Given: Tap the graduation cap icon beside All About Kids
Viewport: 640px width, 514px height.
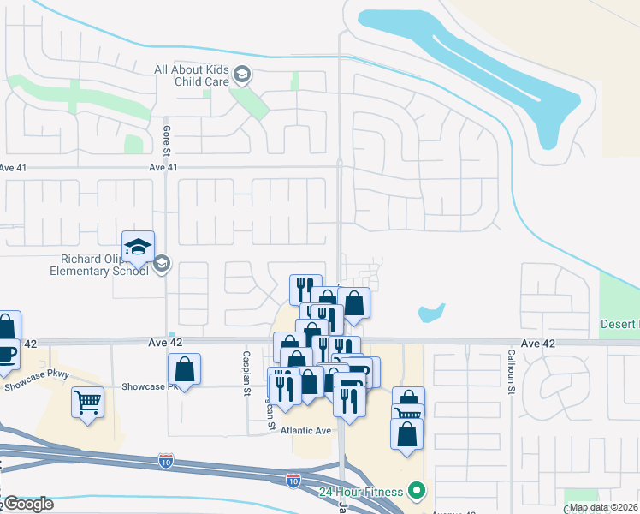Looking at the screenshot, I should (x=242, y=75).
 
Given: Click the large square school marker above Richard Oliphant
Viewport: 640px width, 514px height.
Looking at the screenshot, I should (x=138, y=248).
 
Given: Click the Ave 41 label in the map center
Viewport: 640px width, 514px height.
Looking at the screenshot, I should (x=163, y=168).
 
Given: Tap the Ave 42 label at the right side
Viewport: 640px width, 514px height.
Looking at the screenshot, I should (x=537, y=343).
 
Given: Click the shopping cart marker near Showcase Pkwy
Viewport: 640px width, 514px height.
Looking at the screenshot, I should (x=88, y=402).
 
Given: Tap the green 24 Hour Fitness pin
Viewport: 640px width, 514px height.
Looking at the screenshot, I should (x=417, y=491).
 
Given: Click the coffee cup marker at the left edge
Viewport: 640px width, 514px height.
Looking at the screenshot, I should (x=7, y=353).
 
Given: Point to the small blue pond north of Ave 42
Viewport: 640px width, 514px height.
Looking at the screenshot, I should (x=431, y=313).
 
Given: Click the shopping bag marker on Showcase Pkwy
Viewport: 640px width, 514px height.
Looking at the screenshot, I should (x=184, y=370).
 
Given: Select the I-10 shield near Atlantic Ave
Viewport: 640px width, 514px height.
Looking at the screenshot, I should (x=293, y=481).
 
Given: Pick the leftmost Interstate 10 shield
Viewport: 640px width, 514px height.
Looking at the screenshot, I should (x=165, y=462).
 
